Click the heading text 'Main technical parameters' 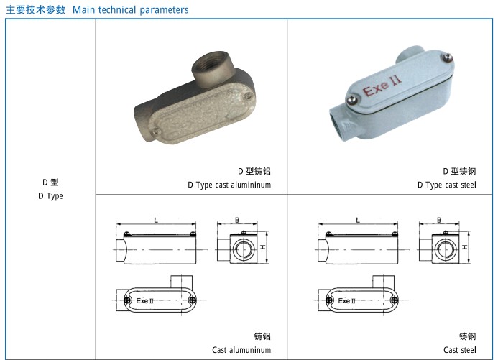131,10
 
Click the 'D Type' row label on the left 50,196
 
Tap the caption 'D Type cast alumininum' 229,185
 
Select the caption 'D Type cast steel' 447,185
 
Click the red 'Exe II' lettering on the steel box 382,86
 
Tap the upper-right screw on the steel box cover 447,57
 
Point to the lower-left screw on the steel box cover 351,100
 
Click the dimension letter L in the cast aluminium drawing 156,220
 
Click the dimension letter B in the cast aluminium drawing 237,220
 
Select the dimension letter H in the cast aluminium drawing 263,247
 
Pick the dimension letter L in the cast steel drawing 358,220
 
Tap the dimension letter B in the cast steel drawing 439,220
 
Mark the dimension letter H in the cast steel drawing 465,247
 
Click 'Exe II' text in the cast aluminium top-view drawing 145,300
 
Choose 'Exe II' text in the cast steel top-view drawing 347,300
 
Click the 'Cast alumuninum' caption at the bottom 241,350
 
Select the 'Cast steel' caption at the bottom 460,350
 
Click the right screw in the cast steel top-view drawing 395,300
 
